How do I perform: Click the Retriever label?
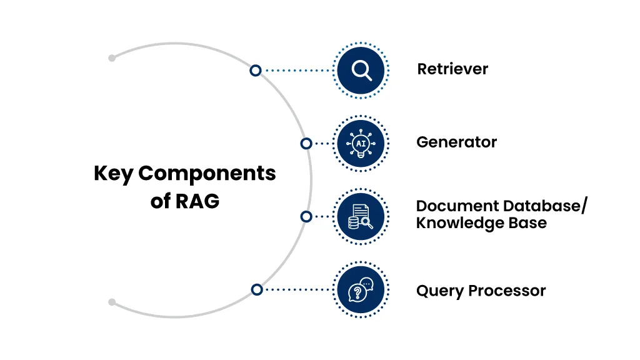click(x=452, y=69)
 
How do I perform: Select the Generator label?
click(x=456, y=142)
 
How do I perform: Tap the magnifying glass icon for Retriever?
click(x=361, y=70)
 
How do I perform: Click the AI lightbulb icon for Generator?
click(x=361, y=143)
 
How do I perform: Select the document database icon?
click(x=361, y=216)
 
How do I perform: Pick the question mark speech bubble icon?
click(x=361, y=289)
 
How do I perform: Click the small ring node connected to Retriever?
click(x=255, y=71)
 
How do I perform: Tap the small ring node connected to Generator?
click(x=306, y=144)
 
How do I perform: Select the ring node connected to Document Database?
click(x=306, y=216)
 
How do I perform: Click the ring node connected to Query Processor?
click(x=256, y=289)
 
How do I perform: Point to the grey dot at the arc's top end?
click(x=112, y=58)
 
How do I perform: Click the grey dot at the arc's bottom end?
click(x=112, y=302)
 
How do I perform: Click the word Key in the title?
click(x=113, y=174)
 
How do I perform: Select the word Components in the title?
click(x=207, y=174)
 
